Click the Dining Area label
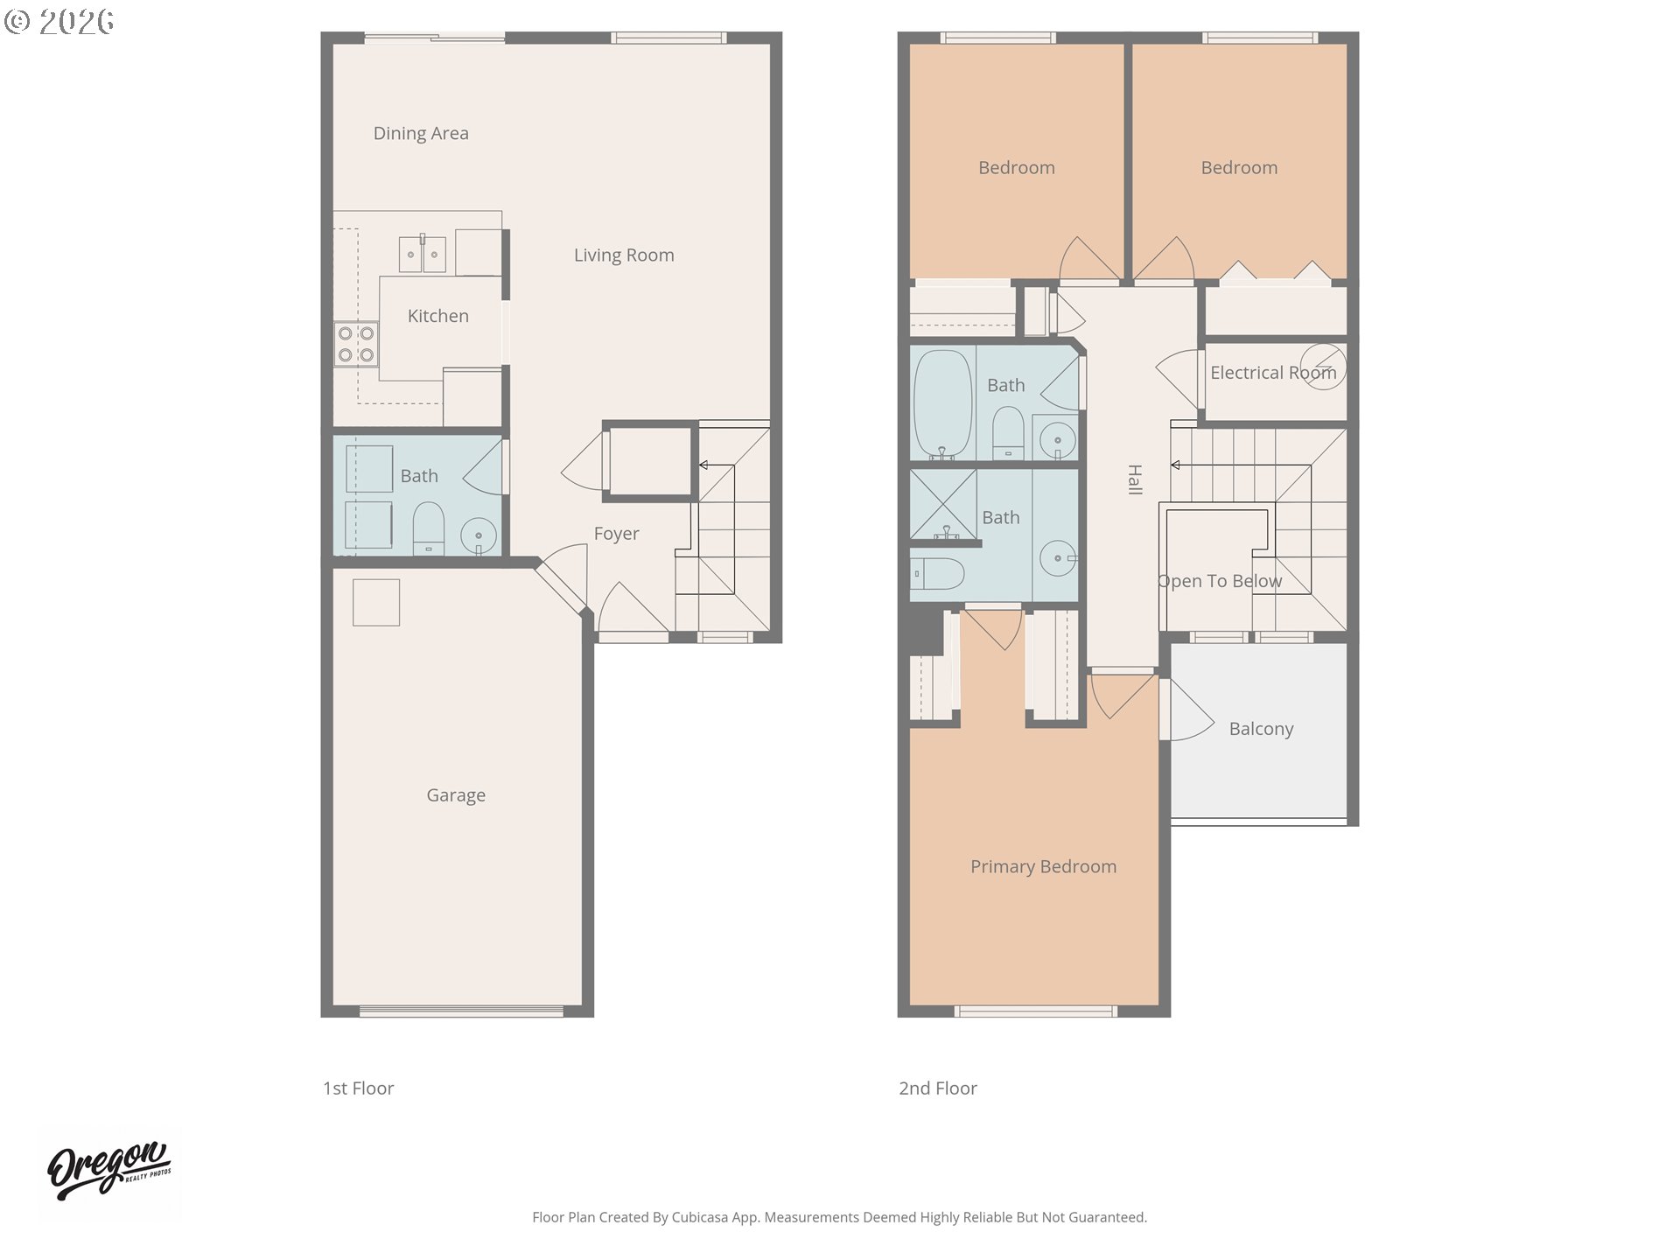coord(421,133)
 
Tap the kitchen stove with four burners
coord(356,344)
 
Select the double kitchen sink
coord(423,254)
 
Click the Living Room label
coord(624,255)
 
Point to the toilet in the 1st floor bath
coord(428,528)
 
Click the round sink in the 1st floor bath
coord(479,535)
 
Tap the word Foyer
coord(616,534)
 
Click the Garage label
coord(456,795)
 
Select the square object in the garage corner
coord(376,602)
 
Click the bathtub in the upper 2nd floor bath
coord(942,404)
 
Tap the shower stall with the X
coord(943,505)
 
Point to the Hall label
coord(1135,479)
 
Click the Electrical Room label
coord(1273,373)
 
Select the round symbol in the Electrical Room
coord(1322,367)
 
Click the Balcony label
coord(1261,729)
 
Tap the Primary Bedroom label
coord(1043,866)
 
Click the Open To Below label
coord(1220,581)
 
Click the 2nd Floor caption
coord(938,1088)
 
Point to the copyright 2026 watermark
coord(59,22)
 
